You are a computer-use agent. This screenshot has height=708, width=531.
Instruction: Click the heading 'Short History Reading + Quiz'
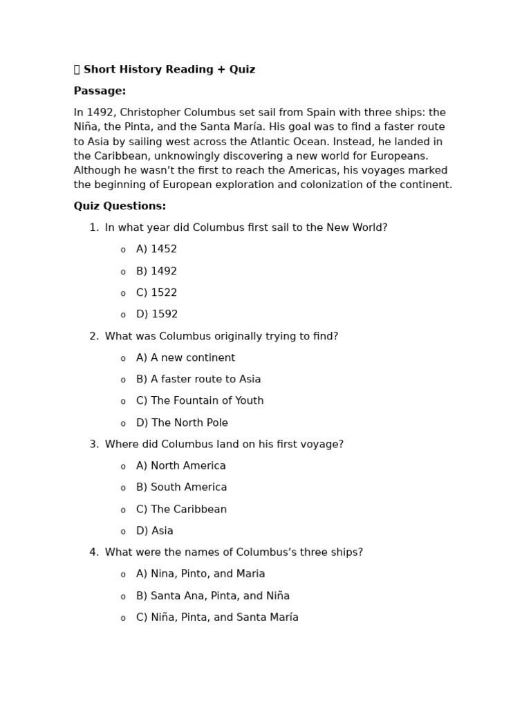click(x=169, y=70)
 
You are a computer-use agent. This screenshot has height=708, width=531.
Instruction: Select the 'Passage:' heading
click(x=100, y=91)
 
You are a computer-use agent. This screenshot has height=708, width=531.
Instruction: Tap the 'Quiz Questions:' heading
click(x=120, y=206)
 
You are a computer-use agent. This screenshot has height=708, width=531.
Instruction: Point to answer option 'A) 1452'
click(x=156, y=250)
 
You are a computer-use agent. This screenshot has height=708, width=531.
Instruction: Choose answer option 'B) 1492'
click(x=156, y=271)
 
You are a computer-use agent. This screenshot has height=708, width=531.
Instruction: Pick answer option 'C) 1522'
click(x=156, y=292)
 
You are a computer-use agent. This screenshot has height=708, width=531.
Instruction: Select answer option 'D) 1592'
click(x=157, y=315)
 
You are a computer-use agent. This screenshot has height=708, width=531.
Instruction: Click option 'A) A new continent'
click(x=185, y=358)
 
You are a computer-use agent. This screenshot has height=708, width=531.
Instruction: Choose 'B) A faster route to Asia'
click(x=198, y=380)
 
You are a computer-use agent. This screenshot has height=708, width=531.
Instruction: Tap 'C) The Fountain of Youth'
click(x=200, y=401)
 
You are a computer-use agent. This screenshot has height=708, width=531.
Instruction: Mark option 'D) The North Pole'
click(x=182, y=423)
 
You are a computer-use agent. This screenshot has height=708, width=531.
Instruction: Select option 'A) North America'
click(x=180, y=466)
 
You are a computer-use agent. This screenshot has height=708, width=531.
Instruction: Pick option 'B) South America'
click(x=181, y=487)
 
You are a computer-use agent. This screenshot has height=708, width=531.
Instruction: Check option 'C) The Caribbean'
click(x=181, y=510)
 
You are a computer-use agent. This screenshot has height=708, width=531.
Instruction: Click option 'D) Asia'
click(x=154, y=531)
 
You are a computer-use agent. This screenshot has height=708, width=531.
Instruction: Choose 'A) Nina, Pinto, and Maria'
click(x=201, y=574)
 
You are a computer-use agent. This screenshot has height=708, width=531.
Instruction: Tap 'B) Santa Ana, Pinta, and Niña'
click(x=213, y=596)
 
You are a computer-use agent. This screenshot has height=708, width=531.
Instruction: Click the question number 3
click(x=93, y=445)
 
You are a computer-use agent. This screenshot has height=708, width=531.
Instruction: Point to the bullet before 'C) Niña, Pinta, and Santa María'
click(x=123, y=618)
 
